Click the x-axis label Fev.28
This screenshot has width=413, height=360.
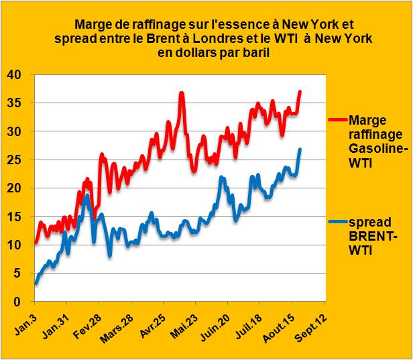86,322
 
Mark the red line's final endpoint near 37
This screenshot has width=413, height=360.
300,91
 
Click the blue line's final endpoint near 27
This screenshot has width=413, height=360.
300,149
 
